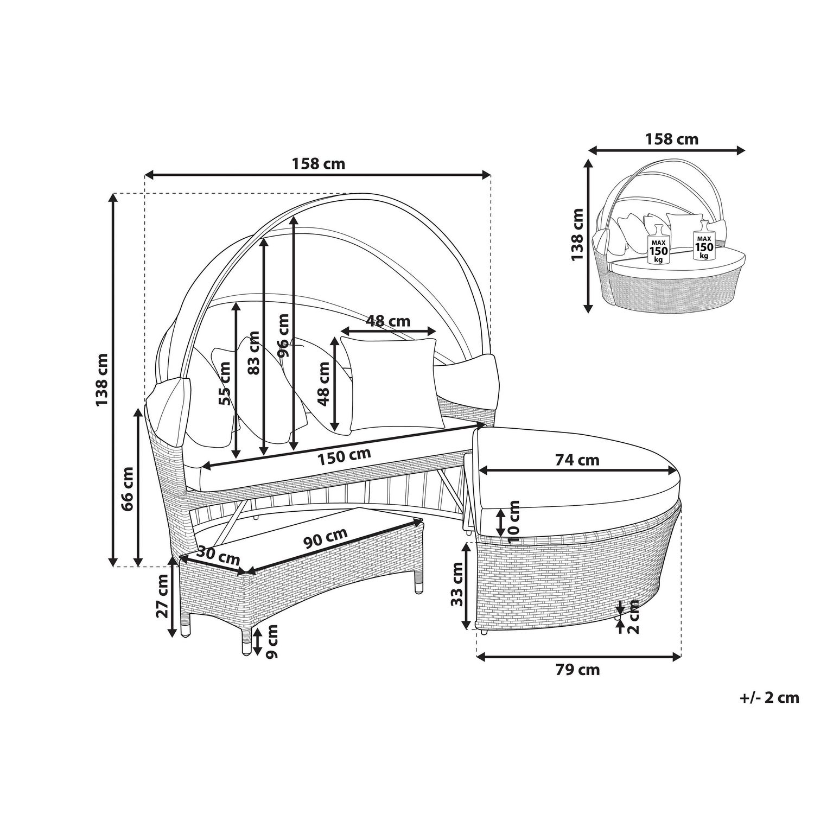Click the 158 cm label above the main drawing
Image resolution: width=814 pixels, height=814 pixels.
(x=318, y=163)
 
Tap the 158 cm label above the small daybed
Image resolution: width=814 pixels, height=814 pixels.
(x=671, y=139)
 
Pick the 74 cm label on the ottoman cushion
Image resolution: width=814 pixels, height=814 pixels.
(x=577, y=460)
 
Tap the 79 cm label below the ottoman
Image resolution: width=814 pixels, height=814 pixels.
(x=577, y=670)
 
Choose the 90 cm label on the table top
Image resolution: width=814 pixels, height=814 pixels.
(x=326, y=538)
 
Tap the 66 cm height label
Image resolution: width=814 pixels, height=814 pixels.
(x=127, y=488)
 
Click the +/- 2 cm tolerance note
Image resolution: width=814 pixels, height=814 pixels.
(x=770, y=697)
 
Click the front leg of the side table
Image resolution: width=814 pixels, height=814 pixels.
(x=246, y=641)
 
